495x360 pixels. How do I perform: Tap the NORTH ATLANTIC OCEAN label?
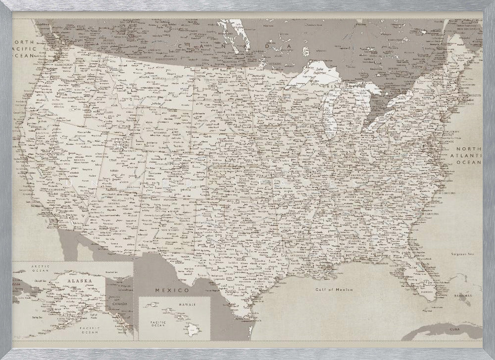469,155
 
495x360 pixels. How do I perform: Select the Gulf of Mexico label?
334,290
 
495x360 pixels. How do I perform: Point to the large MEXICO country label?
172,290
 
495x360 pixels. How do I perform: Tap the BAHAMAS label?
462,296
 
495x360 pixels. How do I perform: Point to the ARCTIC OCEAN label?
40,268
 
